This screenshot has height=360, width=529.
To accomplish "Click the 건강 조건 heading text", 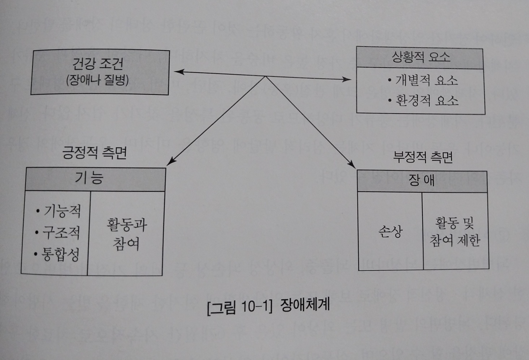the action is coord(98,64).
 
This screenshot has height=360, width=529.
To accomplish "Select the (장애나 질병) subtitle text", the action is coord(97,80).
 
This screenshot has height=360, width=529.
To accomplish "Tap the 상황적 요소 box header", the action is coord(421,57).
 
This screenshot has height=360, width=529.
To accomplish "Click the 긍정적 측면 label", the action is coord(95,153).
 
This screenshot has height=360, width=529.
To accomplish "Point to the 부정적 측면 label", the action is coord(423,157).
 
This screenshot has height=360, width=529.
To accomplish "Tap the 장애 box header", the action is coord(421,180).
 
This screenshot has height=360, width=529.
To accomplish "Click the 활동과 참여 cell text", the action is coord(126,234).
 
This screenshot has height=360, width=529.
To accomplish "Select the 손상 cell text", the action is coord(390,231).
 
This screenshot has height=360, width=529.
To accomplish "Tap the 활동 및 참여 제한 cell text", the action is coord(455,231).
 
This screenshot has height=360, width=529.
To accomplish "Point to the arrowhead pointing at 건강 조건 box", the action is coord(178,72).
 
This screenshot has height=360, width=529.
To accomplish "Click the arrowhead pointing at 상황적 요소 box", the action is coord(347,79).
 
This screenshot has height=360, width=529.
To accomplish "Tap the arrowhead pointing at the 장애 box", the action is coord(352,164).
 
